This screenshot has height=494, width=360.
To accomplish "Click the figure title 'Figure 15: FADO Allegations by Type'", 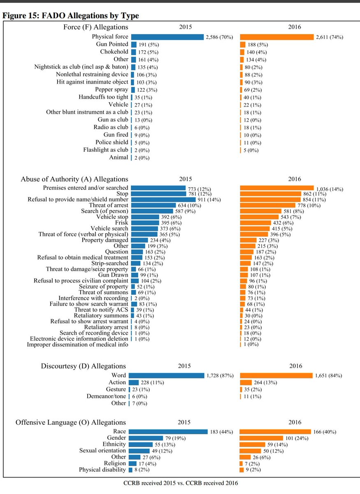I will [71, 16].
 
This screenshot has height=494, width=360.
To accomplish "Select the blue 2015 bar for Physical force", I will [167, 37].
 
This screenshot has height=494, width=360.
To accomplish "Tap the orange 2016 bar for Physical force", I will [277, 37].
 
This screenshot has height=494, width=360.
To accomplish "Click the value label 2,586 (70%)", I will [219, 37].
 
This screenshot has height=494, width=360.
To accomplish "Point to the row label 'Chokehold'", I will [114, 52].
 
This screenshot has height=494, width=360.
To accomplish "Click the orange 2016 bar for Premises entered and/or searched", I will [277, 188].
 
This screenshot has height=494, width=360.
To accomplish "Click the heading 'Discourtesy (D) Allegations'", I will [84, 366].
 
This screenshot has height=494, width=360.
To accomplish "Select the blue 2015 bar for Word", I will [166, 375].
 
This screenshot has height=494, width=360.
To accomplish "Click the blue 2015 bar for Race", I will [168, 432].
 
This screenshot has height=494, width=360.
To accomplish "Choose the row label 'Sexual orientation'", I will [102, 451].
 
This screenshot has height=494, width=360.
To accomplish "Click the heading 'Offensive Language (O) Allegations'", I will [70, 422].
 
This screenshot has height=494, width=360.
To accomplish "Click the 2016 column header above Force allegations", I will [295, 27].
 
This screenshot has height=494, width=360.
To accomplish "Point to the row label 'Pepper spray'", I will [111, 89].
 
